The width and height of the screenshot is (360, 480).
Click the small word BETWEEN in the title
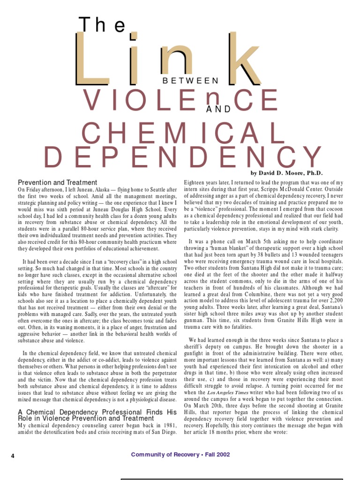191,81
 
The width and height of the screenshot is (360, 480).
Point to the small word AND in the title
218,109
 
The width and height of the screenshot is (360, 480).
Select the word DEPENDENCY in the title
183,158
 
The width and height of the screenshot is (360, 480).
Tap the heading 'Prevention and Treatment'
58,182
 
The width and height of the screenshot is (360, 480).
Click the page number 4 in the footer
13,455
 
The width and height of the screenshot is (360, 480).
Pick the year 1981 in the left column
167,425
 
